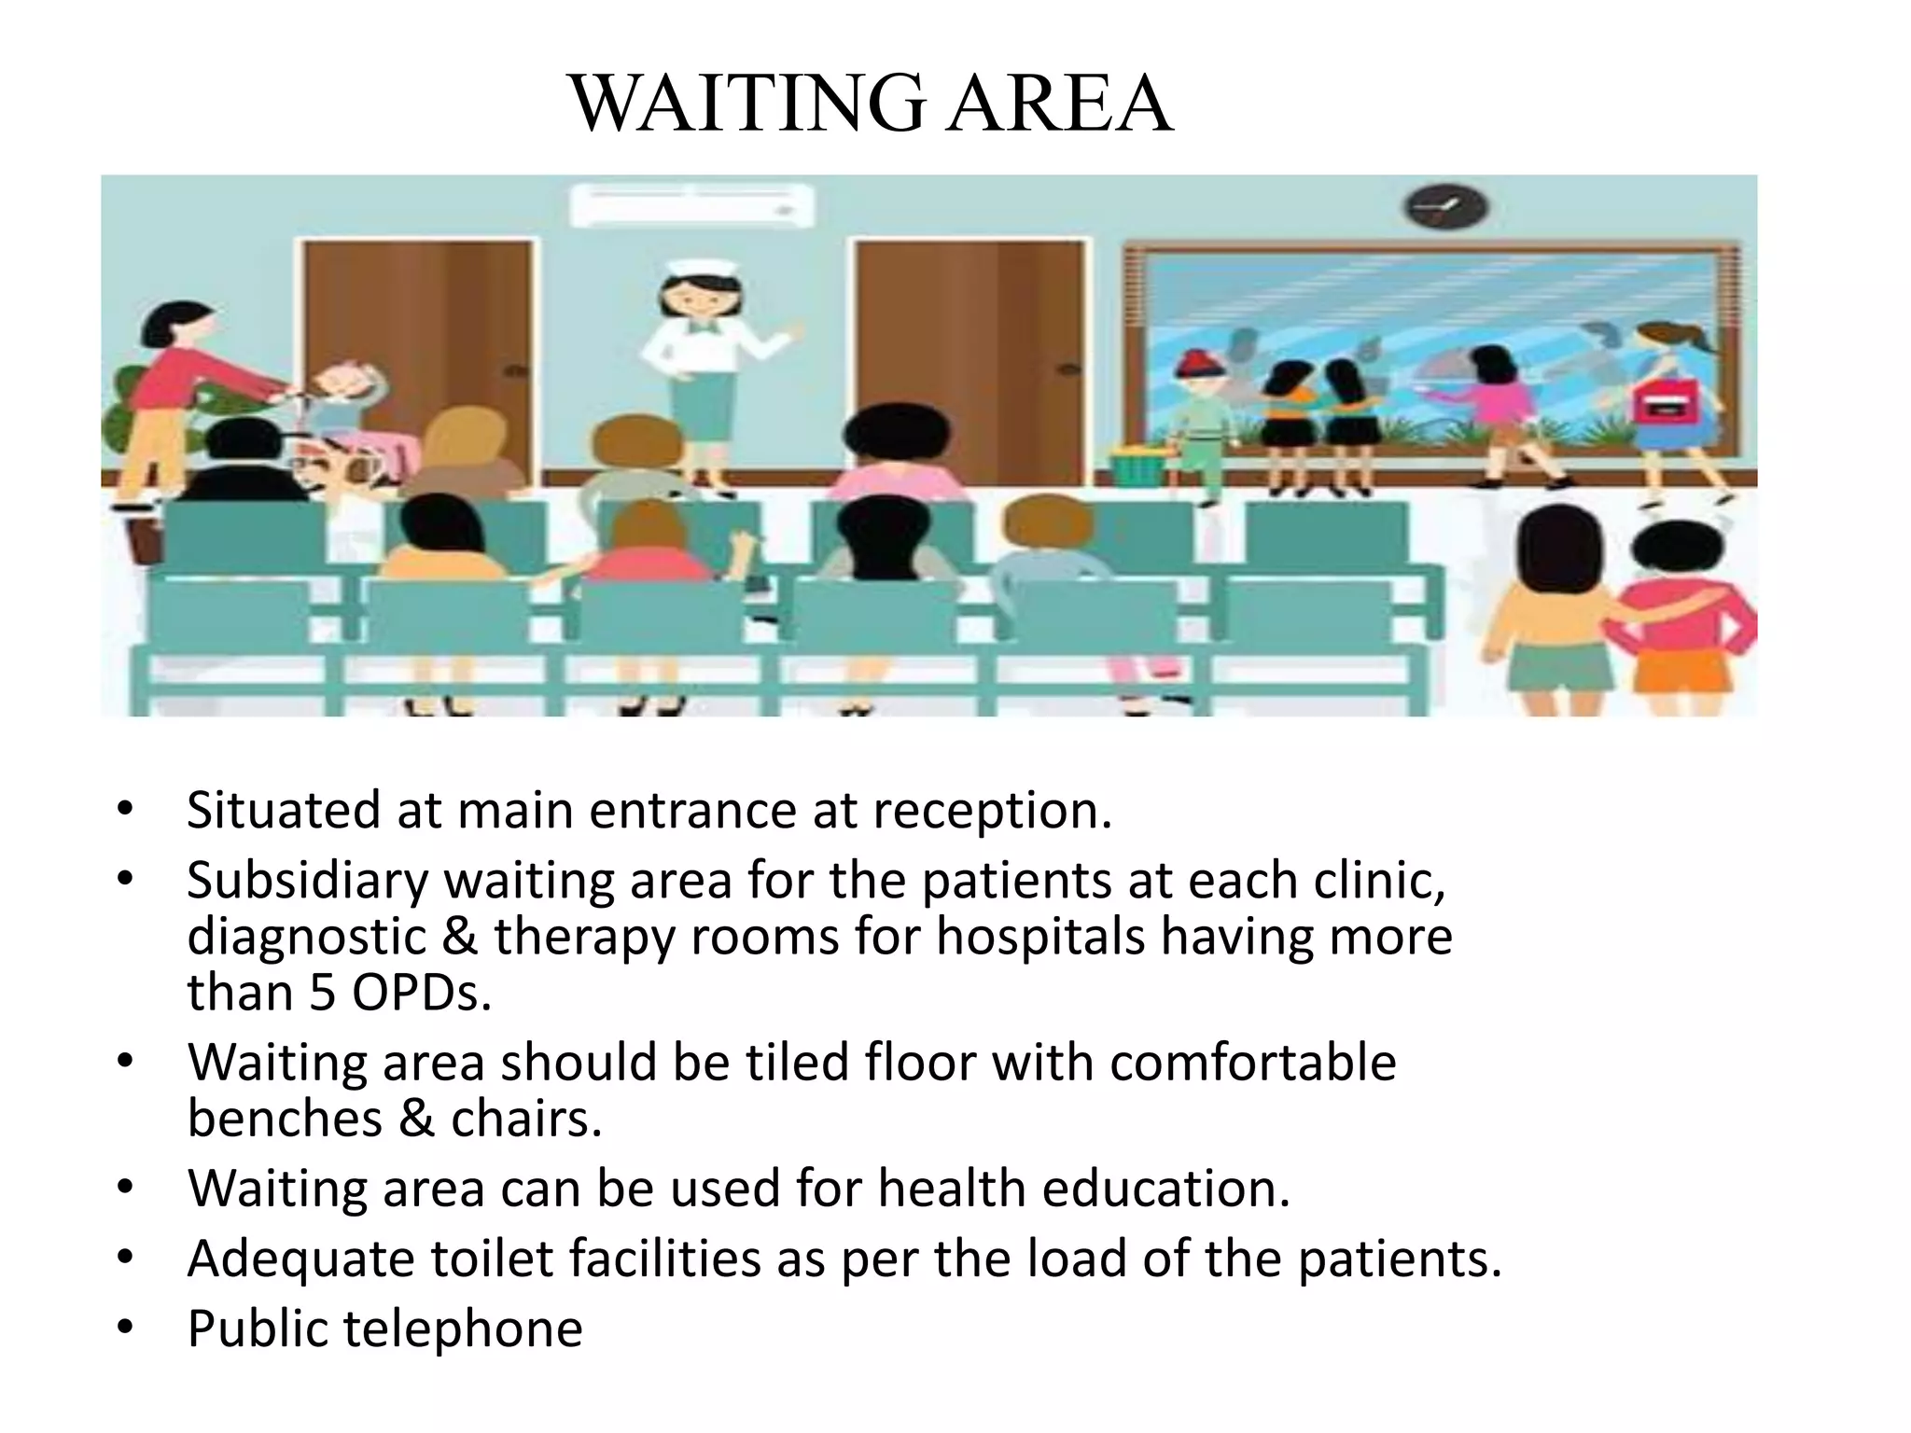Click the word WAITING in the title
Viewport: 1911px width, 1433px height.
point(746,104)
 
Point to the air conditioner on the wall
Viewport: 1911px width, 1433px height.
point(691,204)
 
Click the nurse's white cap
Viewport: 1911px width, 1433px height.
point(701,264)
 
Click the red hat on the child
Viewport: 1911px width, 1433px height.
point(1200,361)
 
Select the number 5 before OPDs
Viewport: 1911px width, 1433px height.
point(322,993)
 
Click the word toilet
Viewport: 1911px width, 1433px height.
point(491,1259)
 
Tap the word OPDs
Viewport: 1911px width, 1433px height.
point(420,993)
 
